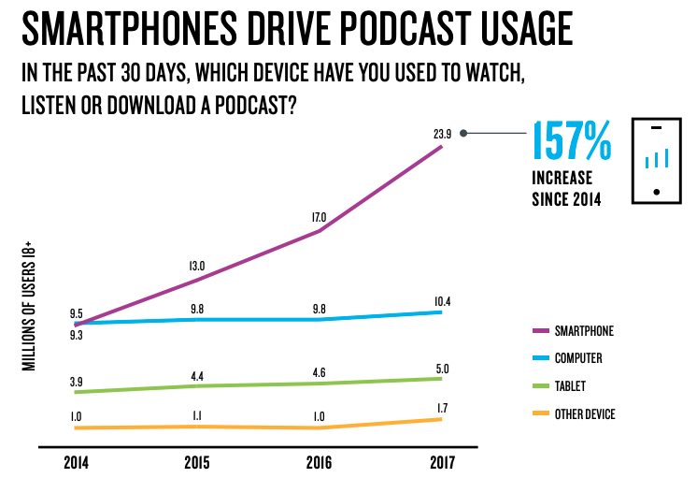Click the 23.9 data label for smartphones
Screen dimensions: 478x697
pos(442,134)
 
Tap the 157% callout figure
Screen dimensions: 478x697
pos(572,141)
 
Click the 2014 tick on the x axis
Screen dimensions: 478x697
pos(77,463)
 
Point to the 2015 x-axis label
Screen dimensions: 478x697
pos(197,463)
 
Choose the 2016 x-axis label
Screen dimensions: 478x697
pos(320,463)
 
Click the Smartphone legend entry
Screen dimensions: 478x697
pos(584,330)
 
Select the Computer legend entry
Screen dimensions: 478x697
pos(578,358)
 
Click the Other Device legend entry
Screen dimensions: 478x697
pos(585,413)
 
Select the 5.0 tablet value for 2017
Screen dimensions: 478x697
pos(442,369)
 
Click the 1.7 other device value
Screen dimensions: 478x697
pos(442,408)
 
